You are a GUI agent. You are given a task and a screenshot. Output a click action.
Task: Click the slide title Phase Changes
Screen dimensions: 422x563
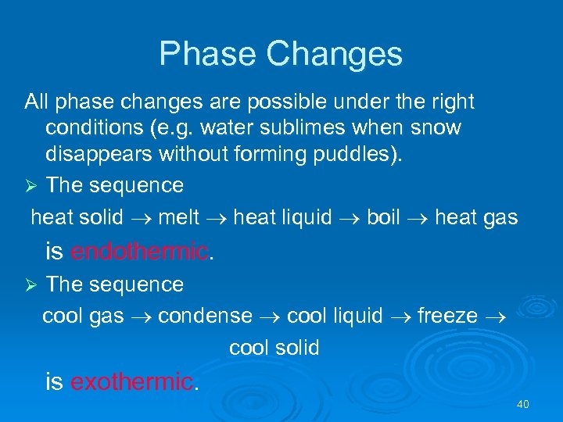pyautogui.click(x=281, y=54)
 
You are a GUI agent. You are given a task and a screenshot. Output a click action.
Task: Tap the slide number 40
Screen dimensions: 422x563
pyautogui.click(x=523, y=404)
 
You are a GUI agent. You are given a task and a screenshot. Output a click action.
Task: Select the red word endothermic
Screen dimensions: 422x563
pyautogui.click(x=139, y=252)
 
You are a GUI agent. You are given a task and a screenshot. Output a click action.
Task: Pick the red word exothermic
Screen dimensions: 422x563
pyautogui.click(x=131, y=381)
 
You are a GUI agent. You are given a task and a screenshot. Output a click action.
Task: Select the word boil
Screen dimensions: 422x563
pyautogui.click(x=383, y=217)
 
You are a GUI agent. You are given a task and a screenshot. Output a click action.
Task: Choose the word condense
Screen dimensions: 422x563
pyautogui.click(x=205, y=316)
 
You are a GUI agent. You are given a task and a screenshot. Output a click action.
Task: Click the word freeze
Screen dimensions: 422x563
pyautogui.click(x=447, y=316)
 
